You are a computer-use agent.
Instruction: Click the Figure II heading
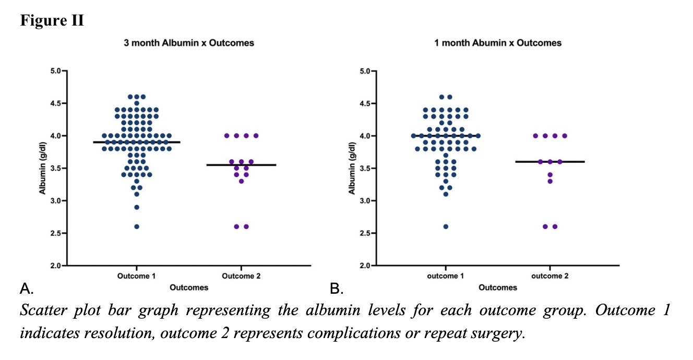coord(52,21)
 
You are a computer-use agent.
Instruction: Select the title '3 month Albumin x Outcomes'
coord(188,43)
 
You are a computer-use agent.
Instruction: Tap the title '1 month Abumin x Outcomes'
coord(498,43)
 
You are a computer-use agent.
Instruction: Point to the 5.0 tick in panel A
coord(54,70)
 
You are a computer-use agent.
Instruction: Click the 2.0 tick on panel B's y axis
coord(363,266)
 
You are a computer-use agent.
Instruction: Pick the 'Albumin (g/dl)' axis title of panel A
coord(43,168)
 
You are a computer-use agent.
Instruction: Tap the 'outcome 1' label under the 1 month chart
coord(446,276)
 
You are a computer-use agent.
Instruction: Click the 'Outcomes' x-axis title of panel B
coord(498,287)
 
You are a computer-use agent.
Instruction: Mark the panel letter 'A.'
coord(27,287)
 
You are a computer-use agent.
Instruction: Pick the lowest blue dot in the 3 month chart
coord(137,226)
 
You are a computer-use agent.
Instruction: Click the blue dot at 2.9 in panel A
coord(137,207)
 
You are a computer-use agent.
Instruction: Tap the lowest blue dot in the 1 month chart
coord(446,226)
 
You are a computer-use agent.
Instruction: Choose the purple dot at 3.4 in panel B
coord(550,175)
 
